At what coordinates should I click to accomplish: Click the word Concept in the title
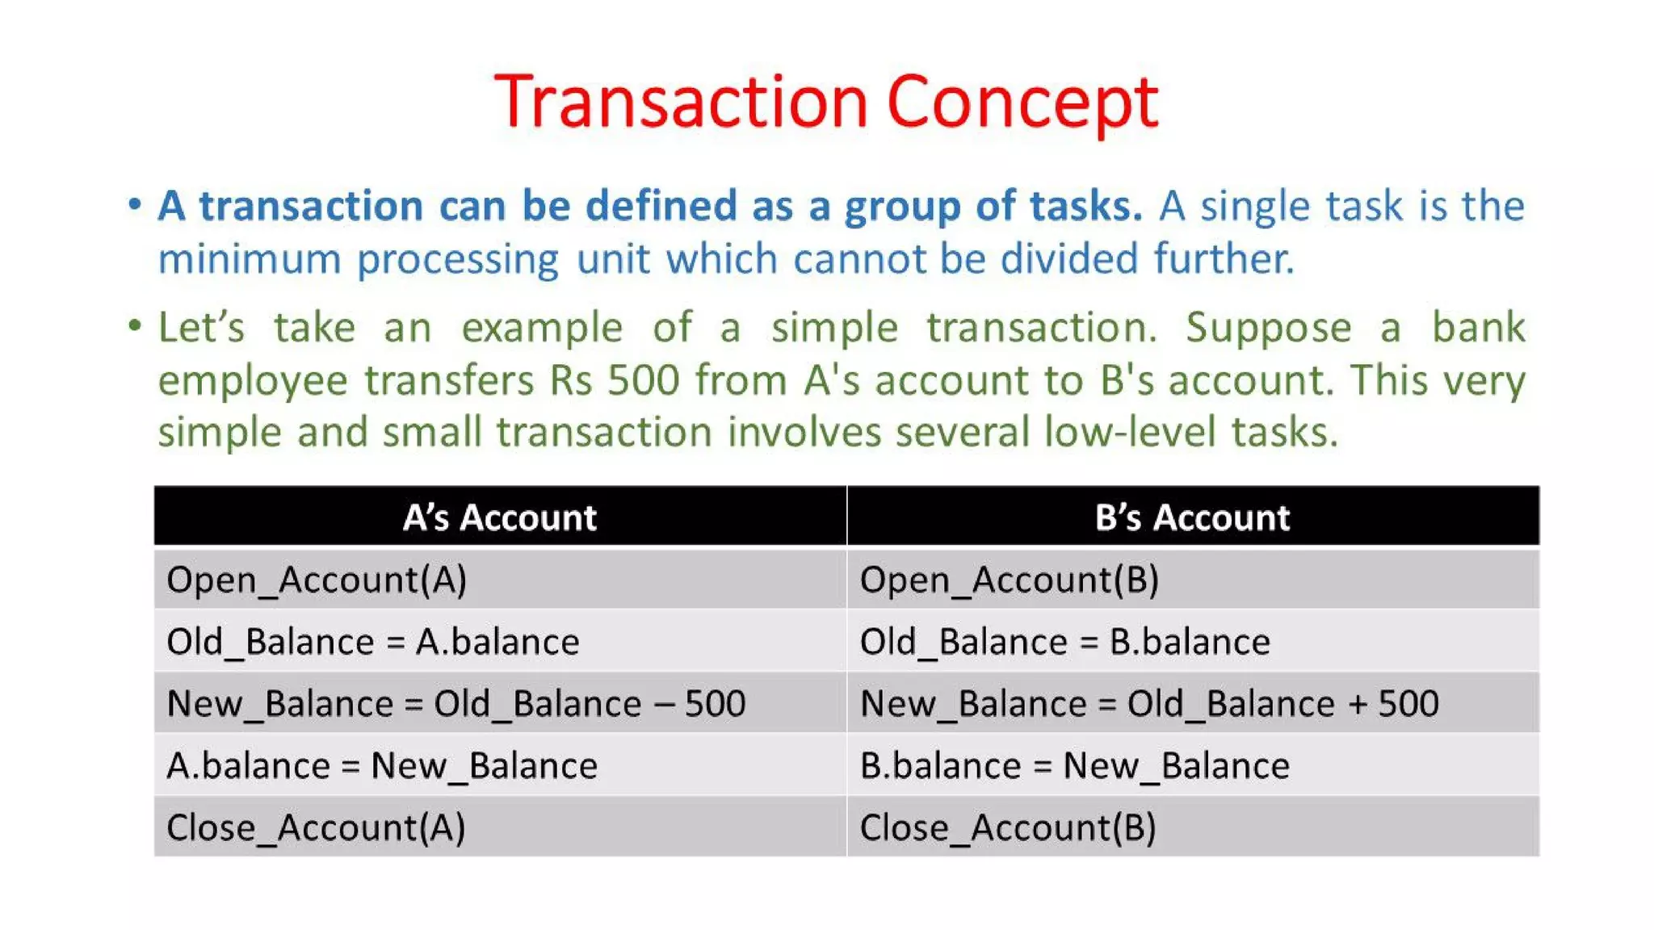[x=1022, y=103]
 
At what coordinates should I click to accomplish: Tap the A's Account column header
[x=499, y=517]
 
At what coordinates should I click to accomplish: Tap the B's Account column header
[x=1192, y=517]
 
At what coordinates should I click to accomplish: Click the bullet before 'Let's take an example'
[x=135, y=326]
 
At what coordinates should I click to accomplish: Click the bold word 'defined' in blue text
[x=661, y=205]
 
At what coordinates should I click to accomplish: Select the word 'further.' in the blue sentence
[x=1224, y=258]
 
